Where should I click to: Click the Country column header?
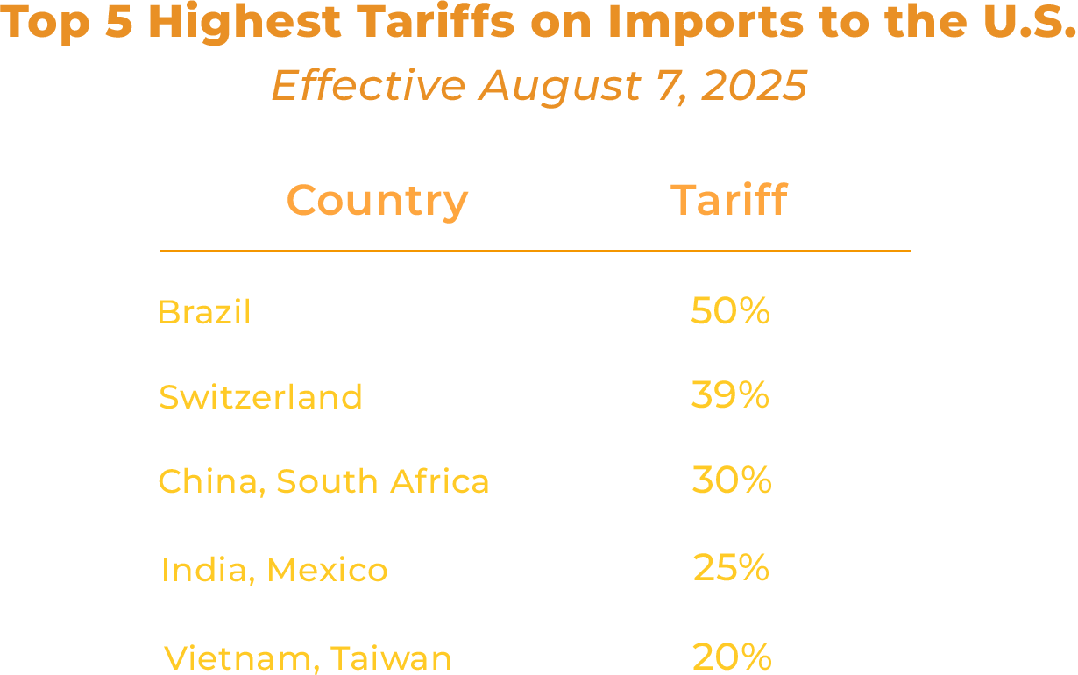pyautogui.click(x=377, y=202)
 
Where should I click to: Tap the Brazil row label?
pyautogui.click(x=203, y=312)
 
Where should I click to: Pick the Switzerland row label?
pyautogui.click(x=260, y=397)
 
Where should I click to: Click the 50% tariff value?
pyautogui.click(x=730, y=311)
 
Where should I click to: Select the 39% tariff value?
pyautogui.click(x=730, y=395)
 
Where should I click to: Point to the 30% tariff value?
pyautogui.click(x=731, y=480)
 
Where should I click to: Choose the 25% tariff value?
pyautogui.click(x=731, y=568)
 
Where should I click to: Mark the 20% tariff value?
pyautogui.click(x=731, y=657)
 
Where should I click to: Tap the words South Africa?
pyautogui.click(x=383, y=481)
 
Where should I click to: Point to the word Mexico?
pyautogui.click(x=327, y=571)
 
